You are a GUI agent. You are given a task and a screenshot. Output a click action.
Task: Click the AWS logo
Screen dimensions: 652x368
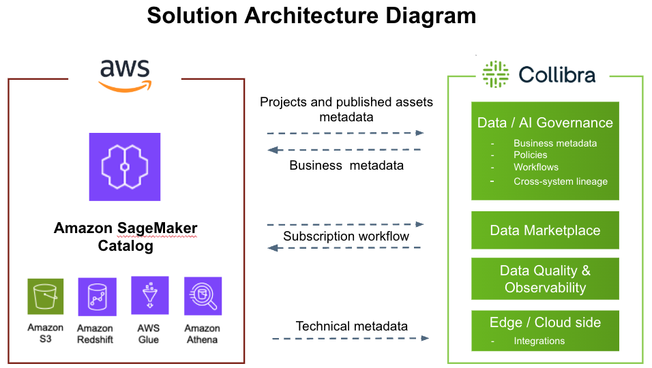point(125,75)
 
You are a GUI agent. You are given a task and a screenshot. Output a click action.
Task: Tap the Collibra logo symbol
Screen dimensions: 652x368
point(495,74)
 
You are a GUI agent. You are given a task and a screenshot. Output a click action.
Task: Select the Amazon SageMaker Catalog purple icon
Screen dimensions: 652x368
point(125,166)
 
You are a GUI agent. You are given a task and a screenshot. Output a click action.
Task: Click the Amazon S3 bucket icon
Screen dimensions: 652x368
point(45,296)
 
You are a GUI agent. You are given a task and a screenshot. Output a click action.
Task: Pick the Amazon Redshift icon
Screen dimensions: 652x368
point(98,296)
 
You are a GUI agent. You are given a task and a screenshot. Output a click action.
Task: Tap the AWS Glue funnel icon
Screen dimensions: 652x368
point(149,295)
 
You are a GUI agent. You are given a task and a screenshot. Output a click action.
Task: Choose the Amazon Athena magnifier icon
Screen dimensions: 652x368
point(203,296)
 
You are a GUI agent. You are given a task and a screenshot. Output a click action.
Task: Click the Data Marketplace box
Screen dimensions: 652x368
point(545,230)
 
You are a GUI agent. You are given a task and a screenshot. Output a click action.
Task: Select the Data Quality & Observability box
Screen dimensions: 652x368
point(545,279)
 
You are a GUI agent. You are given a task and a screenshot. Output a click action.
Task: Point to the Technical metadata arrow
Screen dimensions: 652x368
point(351,339)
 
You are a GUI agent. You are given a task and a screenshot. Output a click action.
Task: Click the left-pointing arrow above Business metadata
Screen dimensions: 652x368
point(344,150)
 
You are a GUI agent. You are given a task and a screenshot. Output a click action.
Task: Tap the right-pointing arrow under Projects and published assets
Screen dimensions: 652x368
point(346,133)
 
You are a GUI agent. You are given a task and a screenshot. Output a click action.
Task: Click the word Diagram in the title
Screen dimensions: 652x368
point(430,16)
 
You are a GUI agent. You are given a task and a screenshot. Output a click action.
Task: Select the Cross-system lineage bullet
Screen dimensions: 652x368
point(560,181)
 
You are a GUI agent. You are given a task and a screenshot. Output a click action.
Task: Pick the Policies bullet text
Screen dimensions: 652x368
point(530,155)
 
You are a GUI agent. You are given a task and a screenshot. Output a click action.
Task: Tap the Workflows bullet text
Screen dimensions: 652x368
point(536,167)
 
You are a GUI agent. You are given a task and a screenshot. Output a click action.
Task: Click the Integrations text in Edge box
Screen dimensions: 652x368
point(539,341)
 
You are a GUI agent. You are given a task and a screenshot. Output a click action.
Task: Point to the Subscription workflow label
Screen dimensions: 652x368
point(346,236)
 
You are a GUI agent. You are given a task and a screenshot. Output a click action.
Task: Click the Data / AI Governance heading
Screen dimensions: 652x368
point(545,123)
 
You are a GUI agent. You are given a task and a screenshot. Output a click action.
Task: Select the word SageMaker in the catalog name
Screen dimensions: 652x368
point(157,228)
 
